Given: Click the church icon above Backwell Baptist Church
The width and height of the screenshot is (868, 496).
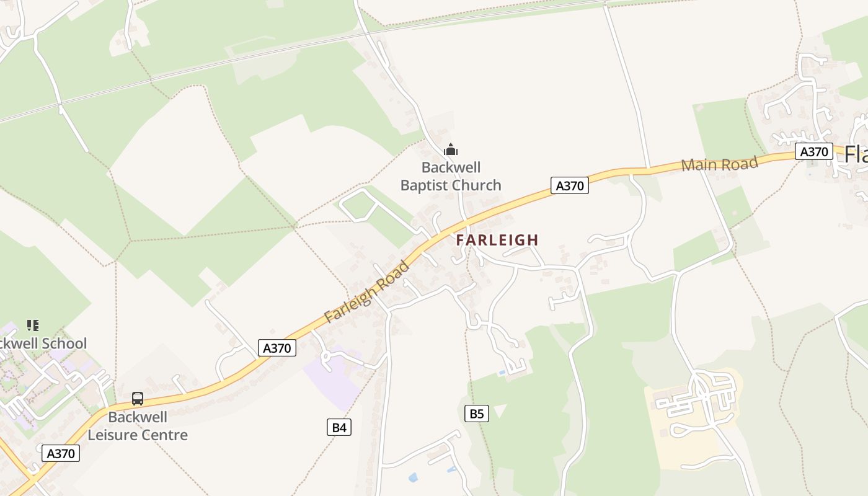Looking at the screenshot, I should point(451,149).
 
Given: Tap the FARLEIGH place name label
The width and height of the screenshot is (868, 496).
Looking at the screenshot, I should point(497,240).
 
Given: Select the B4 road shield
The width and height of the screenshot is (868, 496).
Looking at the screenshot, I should point(339,427).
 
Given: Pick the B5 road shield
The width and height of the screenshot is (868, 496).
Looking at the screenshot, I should point(476,414).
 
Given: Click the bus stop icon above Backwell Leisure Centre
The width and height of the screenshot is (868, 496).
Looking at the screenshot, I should point(138,399).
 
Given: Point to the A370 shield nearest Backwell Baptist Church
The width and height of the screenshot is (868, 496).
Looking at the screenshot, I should point(569,185).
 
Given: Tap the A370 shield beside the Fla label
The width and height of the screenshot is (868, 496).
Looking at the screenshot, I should point(814,152).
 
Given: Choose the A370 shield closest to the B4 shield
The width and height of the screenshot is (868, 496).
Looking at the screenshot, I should point(277,348).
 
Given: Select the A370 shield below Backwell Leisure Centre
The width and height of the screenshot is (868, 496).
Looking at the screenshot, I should point(61,453).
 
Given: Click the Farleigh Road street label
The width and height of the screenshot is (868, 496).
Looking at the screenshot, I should point(368,292).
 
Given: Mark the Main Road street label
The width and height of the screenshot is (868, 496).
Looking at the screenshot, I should point(719,164).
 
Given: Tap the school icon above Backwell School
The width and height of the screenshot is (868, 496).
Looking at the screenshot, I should point(33,325).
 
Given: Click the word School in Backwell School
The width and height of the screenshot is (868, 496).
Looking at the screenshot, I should point(64,343).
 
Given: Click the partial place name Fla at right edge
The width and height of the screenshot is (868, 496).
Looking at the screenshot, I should point(856,154).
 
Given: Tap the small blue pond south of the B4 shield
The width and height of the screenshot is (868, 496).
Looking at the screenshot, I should point(413,477).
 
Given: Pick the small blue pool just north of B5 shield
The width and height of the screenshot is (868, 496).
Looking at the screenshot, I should point(502,373).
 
